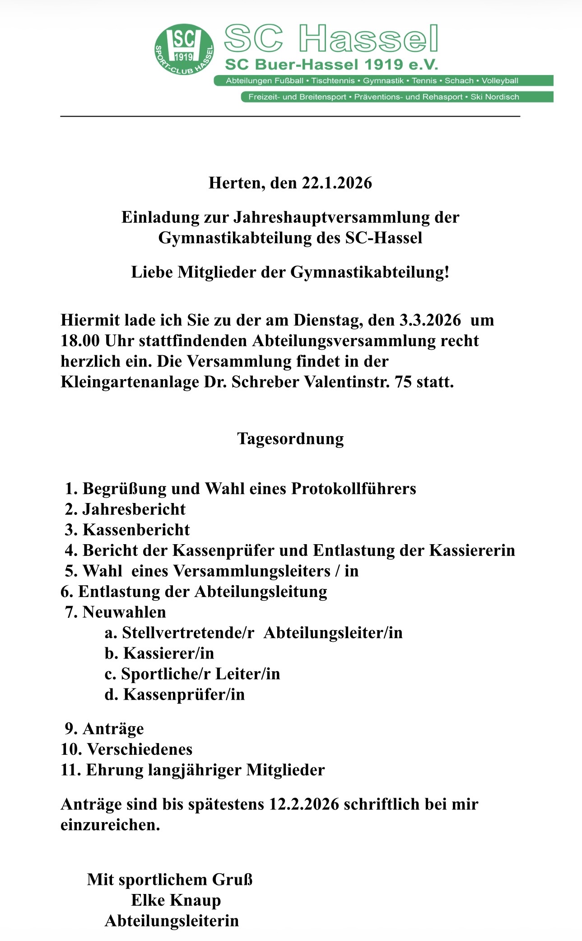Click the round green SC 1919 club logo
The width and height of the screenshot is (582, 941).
coord(184,50)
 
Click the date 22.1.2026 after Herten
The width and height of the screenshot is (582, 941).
coord(337,183)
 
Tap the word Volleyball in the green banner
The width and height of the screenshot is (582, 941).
coord(500,81)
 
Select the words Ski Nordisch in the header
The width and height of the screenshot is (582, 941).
coord(495,97)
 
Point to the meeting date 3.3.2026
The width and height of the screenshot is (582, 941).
coord(430,320)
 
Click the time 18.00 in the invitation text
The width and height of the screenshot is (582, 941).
coord(80,341)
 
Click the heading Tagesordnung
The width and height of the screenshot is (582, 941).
coord(290,438)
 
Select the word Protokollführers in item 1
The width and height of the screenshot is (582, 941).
coord(354,489)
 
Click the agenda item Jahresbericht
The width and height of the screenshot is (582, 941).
coord(134,509)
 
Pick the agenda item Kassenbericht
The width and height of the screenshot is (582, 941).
coord(136,530)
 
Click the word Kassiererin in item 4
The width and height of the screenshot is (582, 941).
coord(472,550)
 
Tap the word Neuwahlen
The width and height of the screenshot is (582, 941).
coord(124,612)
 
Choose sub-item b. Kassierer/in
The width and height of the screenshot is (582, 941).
coord(159,653)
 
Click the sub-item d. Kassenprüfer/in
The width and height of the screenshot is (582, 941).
coord(175,694)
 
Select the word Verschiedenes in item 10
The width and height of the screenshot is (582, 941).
coord(140,749)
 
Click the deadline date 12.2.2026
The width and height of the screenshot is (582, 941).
coord(304,805)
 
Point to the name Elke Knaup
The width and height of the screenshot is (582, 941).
coord(176,900)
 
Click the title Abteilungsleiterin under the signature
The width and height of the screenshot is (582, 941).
coord(172,921)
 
